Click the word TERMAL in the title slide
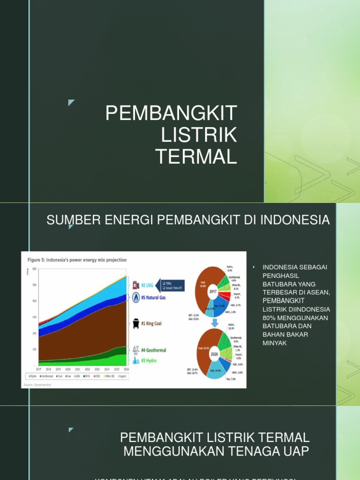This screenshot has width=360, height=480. point(196,156)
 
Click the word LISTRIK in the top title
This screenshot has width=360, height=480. point(199,135)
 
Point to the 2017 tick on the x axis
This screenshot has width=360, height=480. point(39,369)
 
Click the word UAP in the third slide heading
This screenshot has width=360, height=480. point(296,451)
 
